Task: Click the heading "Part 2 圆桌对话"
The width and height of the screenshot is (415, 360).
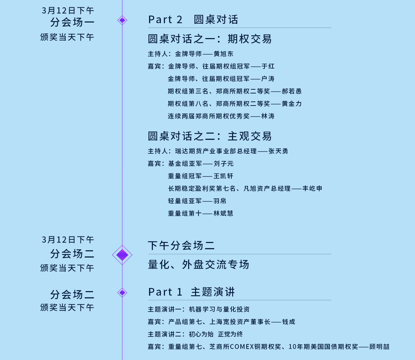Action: click(x=193, y=20)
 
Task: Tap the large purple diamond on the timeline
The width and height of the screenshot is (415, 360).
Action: click(x=122, y=255)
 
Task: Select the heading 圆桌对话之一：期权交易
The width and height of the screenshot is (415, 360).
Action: click(x=210, y=39)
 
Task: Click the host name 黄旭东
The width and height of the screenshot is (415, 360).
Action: click(x=223, y=54)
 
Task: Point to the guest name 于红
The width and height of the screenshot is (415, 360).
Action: click(x=268, y=66)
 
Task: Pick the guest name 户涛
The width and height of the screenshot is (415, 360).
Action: click(x=268, y=79)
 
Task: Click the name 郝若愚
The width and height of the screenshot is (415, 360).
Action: click(x=292, y=91)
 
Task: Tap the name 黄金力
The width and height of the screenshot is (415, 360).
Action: click(x=292, y=104)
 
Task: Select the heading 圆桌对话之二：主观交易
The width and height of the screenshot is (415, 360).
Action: click(x=210, y=136)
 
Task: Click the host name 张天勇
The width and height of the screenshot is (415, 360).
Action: click(x=278, y=151)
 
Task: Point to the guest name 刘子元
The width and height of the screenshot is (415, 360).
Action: click(x=223, y=164)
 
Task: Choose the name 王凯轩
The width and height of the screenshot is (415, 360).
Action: click(x=223, y=176)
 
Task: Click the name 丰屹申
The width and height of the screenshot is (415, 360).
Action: click(x=312, y=189)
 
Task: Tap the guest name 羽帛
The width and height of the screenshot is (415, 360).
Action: click(x=220, y=201)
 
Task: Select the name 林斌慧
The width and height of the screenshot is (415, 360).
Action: click(x=223, y=214)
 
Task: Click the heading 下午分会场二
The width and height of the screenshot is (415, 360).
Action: click(x=181, y=246)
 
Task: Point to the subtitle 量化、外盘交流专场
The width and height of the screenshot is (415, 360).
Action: click(x=199, y=265)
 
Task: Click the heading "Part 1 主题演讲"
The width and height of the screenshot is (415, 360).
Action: click(x=191, y=292)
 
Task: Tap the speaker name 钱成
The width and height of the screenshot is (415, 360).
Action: click(x=288, y=322)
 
